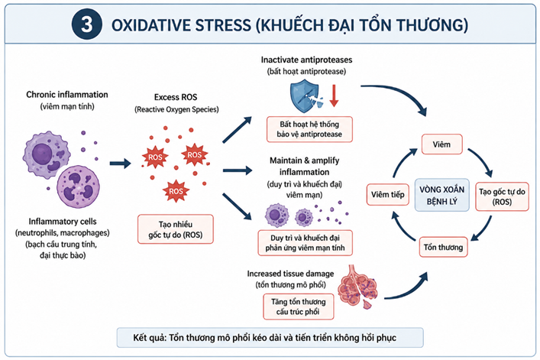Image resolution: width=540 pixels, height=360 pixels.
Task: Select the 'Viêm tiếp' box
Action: click(x=386, y=194)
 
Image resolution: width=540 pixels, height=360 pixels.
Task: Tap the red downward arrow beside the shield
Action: click(x=334, y=92)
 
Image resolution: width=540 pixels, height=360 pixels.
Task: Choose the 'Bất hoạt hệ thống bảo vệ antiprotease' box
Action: click(x=309, y=128)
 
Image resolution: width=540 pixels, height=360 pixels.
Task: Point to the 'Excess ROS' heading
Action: click(x=175, y=98)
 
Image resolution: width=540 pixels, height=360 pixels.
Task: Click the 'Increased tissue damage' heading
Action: click(x=298, y=274)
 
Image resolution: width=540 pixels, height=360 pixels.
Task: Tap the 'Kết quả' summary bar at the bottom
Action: click(x=269, y=337)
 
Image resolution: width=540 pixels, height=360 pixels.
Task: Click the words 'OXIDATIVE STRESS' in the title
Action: click(x=186, y=24)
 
